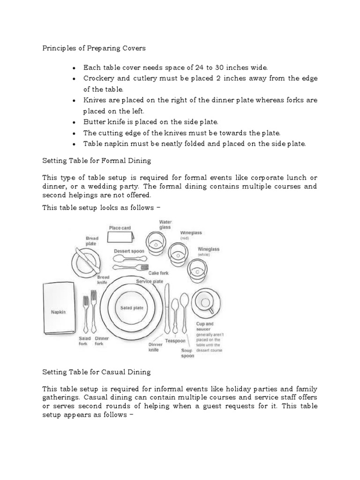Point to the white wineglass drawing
196,270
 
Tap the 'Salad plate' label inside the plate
132,308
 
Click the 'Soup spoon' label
187,352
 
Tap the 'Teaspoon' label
175,341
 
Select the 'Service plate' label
150,281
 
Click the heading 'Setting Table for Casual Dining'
97,372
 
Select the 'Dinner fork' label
102,341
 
